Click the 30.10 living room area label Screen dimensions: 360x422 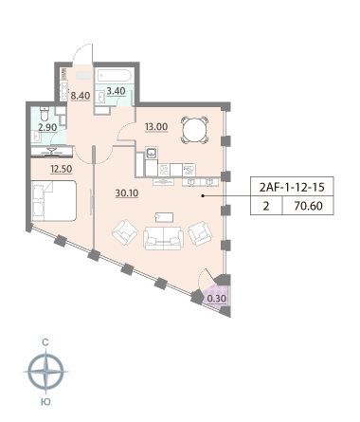[127, 193]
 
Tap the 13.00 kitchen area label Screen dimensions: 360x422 [156, 127]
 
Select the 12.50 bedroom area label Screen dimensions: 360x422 [62, 169]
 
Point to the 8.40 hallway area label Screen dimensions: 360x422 [81, 96]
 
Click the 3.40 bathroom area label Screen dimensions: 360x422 [117, 91]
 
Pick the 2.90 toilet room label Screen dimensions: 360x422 [47, 128]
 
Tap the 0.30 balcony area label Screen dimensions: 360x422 [217, 299]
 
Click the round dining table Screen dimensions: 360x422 [194, 130]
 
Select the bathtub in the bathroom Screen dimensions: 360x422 [114, 76]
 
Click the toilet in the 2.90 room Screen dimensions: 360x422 [45, 114]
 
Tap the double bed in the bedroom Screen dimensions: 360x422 [54, 201]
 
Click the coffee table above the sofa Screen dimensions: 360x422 [164, 217]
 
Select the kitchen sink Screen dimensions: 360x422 [152, 153]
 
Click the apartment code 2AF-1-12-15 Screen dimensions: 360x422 [292, 188]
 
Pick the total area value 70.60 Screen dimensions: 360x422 [308, 206]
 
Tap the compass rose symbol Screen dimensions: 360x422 [46, 372]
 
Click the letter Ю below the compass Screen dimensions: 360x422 [46, 402]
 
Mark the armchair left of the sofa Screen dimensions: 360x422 [125, 232]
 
